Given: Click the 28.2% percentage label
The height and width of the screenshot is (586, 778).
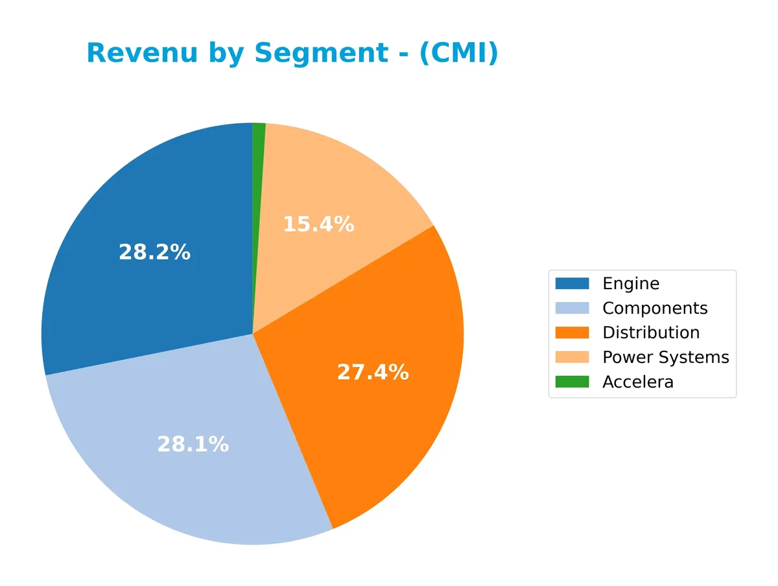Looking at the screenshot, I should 154,252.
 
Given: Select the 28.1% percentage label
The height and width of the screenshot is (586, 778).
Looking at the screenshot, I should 193,444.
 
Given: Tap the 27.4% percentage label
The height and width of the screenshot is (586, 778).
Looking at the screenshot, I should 373,372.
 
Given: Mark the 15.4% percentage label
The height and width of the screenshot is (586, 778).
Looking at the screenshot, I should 318,224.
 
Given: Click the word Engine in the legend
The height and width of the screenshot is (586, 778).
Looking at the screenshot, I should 630,283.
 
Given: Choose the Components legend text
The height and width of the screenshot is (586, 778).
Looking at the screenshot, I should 655,308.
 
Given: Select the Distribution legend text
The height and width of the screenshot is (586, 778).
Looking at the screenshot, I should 650,333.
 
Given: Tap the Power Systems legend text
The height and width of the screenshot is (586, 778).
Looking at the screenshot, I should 665,357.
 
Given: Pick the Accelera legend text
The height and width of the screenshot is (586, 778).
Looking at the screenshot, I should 637,382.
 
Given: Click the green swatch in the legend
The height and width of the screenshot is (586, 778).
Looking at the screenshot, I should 572,382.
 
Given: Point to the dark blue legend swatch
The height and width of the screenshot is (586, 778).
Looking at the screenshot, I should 572,283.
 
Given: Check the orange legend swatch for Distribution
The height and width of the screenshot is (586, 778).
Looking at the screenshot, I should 572,333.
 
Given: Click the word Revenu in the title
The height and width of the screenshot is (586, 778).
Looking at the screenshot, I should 142,53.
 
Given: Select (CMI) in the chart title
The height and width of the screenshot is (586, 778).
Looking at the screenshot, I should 458,53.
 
